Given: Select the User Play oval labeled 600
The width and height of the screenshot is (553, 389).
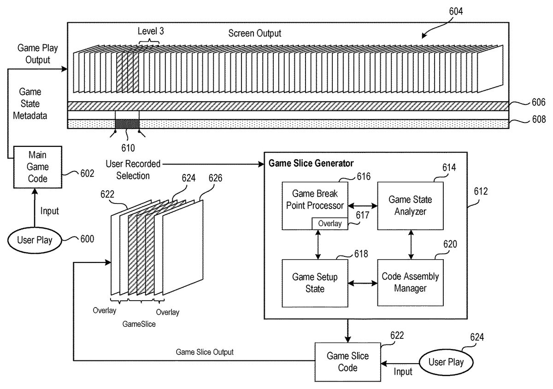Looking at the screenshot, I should pos(35,240).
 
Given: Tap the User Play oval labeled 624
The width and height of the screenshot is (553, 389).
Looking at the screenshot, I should pos(446,361).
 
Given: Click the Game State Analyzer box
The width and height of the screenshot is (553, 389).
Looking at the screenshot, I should pos(411,205).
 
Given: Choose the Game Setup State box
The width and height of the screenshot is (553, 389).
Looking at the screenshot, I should pos(315,283).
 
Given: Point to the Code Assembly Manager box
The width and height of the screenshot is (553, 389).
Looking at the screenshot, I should pos(411,282).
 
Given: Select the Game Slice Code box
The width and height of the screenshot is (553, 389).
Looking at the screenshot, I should pos(347,361).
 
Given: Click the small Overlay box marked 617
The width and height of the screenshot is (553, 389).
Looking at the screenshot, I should pos(329,223).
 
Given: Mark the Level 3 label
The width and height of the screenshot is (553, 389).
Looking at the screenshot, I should pos(151,31).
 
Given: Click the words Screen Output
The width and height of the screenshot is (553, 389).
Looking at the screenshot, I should pos(254,34).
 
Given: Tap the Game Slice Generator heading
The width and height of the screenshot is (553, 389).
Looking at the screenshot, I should pos(311,163).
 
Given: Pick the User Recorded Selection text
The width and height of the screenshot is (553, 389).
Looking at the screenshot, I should pos(133,169).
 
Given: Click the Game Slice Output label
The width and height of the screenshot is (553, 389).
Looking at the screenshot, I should pos(205,352).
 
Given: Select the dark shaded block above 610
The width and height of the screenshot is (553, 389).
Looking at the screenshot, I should pos(127,124).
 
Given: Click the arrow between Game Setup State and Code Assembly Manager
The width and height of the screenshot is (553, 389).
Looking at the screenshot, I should pos(363,283).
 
